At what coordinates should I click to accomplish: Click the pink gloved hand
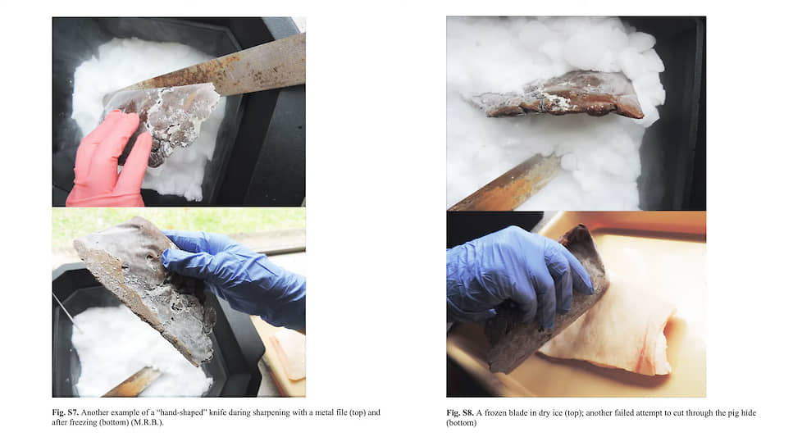point(107,162)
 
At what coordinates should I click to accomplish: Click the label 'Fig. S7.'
point(65,412)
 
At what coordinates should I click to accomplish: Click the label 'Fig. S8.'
point(460,412)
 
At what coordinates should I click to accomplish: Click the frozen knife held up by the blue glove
point(147,289)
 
